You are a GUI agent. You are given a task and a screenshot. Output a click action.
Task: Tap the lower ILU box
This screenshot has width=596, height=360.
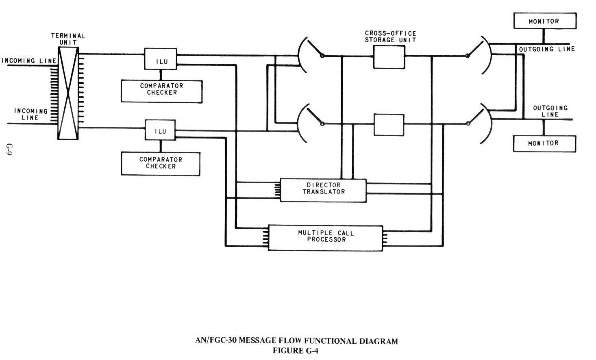161,130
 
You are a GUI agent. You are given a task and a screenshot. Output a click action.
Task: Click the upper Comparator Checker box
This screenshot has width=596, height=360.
161,91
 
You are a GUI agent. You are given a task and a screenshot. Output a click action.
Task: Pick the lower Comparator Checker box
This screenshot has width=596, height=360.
161,164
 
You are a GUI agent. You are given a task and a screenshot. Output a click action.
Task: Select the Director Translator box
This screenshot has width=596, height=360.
323,190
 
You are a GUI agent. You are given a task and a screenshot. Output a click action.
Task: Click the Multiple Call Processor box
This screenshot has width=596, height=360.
325,237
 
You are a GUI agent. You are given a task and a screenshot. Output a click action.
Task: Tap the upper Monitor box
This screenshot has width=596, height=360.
544,21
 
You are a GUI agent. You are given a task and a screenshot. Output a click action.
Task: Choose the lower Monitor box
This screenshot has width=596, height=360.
544,143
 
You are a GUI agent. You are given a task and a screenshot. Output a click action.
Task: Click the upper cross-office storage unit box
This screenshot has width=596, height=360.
389,56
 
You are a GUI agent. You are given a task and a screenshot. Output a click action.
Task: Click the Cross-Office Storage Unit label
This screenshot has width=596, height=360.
390,37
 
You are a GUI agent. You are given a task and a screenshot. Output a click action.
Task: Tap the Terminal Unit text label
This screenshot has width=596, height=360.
68,39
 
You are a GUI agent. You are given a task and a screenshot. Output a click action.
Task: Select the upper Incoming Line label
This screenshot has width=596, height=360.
29,61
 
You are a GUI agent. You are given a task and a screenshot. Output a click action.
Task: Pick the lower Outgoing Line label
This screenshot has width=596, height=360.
550,111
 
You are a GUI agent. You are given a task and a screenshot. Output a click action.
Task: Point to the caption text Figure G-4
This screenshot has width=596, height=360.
296,351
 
